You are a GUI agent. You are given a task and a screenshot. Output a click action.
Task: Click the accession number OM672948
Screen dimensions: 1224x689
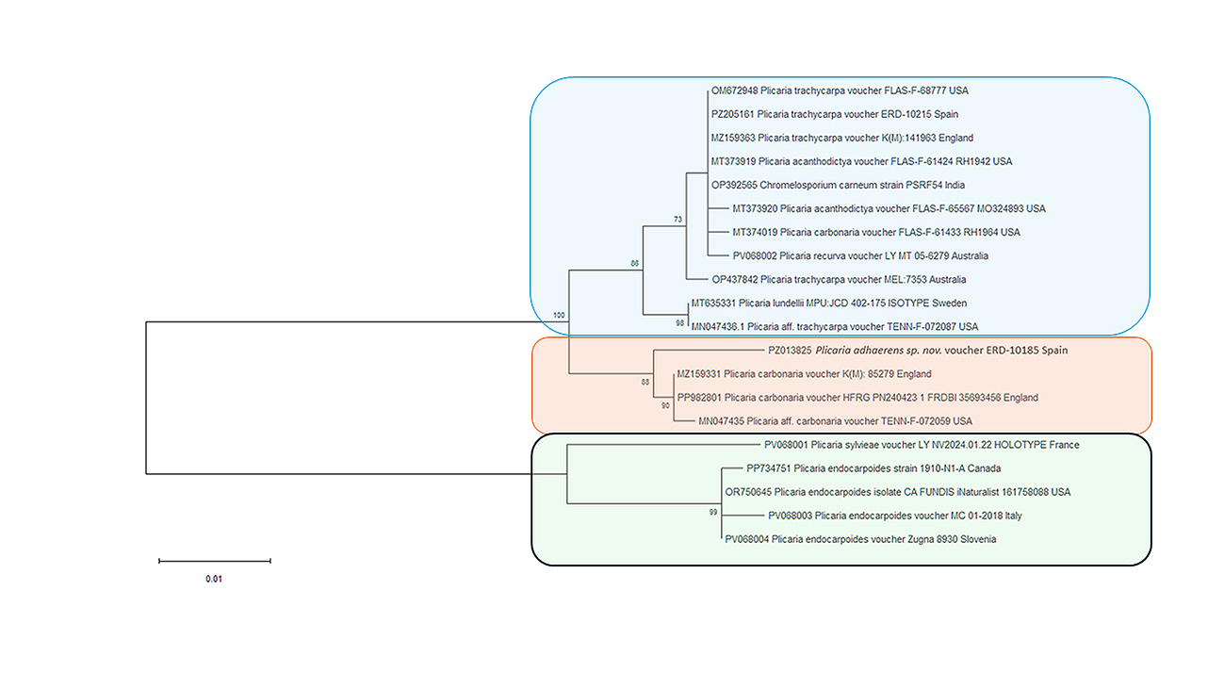click(734, 90)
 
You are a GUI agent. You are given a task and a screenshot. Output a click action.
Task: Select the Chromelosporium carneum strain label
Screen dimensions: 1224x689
click(838, 186)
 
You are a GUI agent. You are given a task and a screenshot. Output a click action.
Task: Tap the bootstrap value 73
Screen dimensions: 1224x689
click(677, 219)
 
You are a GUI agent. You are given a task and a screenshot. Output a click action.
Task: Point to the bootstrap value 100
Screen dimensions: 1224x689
click(559, 315)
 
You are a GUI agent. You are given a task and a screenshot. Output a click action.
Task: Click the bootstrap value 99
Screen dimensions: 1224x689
click(713, 512)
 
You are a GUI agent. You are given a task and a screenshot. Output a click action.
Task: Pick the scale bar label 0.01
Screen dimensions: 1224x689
click(214, 579)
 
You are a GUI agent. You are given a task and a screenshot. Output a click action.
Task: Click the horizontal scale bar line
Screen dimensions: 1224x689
click(215, 561)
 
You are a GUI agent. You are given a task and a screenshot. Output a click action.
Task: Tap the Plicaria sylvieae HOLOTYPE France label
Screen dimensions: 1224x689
click(922, 445)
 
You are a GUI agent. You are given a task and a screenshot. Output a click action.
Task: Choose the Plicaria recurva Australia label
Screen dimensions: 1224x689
click(860, 255)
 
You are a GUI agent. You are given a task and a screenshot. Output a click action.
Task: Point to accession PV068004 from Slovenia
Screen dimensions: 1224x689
click(860, 539)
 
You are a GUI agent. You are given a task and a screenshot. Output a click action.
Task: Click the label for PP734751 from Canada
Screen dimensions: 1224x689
click(873, 468)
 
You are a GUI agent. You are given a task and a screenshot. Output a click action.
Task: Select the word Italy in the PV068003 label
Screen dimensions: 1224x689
click(1013, 516)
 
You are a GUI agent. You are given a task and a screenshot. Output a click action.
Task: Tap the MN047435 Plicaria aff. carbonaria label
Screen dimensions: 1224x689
click(835, 421)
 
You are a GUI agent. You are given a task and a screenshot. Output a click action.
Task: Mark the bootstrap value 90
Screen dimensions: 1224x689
click(665, 406)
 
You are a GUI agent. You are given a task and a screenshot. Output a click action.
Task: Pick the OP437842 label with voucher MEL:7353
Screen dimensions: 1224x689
click(839, 280)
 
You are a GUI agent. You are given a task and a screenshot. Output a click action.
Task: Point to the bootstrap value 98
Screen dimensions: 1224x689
click(679, 323)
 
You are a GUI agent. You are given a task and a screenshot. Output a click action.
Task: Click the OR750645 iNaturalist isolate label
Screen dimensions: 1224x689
click(897, 492)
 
